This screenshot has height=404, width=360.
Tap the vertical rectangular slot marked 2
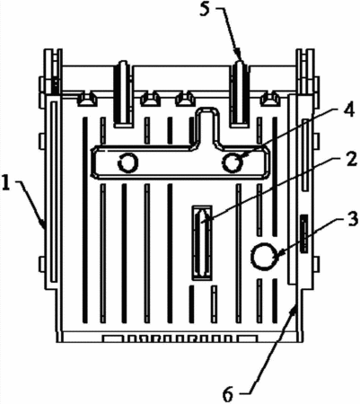click(x=202, y=243)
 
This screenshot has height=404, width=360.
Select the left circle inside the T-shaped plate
click(x=127, y=162)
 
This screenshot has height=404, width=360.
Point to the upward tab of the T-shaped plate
click(x=206, y=126)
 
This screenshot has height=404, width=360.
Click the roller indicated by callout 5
click(x=241, y=94)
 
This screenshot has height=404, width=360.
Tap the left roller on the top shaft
click(x=123, y=94)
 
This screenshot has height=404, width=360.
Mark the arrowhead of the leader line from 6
click(x=294, y=309)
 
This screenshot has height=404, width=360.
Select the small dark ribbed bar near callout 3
click(x=304, y=233)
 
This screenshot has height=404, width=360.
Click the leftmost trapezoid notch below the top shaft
click(x=87, y=100)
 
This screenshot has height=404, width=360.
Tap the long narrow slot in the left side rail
click(x=54, y=192)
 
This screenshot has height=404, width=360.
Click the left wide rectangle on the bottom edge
click(x=113, y=338)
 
